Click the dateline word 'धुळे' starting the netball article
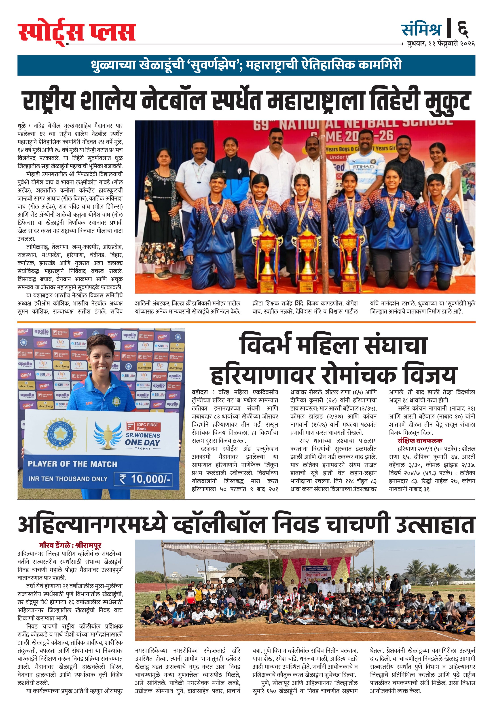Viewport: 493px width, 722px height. pyautogui.click(x=21, y=126)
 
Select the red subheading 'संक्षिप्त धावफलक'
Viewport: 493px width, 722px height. pyautogui.click(x=420, y=440)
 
